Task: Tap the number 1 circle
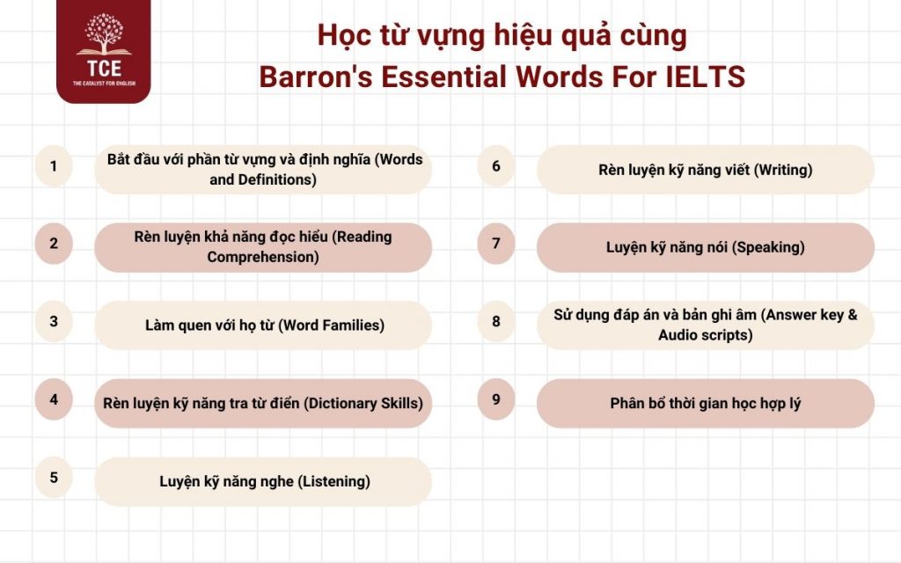coord(54,165)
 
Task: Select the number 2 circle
coord(54,244)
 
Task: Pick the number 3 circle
coord(54,321)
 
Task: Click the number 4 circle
coord(54,399)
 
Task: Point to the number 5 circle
coord(54,478)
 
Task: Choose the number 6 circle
coord(496,165)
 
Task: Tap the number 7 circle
coord(496,244)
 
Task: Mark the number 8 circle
coord(496,321)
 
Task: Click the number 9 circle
coord(496,399)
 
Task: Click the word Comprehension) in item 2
coord(263,257)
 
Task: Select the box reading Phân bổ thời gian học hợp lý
coord(705,403)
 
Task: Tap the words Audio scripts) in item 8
coord(705,335)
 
